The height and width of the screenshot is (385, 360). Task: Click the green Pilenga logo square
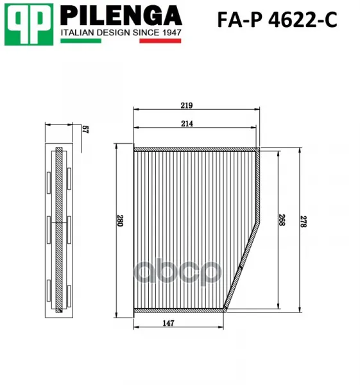(29, 24)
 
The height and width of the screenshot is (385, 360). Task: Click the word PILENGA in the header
(121, 15)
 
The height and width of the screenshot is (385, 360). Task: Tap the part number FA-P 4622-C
(277, 20)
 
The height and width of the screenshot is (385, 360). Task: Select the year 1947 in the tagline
(172, 33)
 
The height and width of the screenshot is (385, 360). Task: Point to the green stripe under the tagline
(81, 41)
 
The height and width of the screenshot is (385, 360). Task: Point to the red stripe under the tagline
(160, 41)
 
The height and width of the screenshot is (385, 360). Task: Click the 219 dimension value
(187, 106)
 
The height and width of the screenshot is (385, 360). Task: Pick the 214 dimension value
(187, 124)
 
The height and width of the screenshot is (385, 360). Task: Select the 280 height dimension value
(120, 221)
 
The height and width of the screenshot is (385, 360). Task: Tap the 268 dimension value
(282, 220)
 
